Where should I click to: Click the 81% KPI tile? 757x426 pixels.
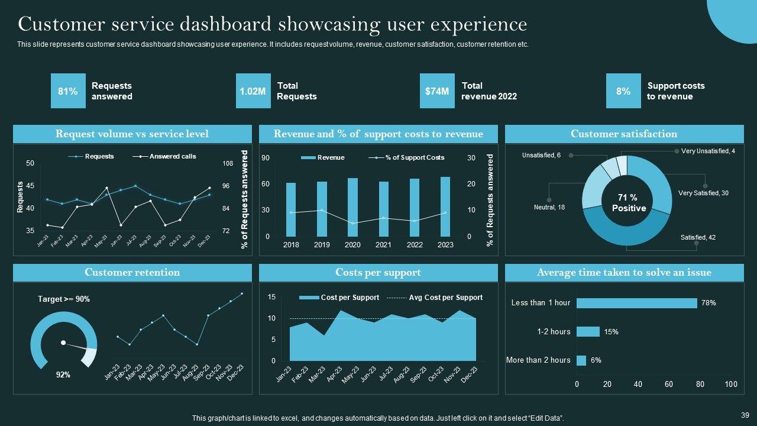point(68,91)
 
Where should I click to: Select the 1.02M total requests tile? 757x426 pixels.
point(253,91)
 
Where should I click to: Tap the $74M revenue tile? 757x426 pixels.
point(437,91)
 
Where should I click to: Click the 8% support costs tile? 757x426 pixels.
point(623,91)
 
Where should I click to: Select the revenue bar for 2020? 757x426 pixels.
point(352,207)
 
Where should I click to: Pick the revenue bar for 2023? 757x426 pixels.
point(445,206)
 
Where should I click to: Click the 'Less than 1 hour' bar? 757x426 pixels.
point(636,303)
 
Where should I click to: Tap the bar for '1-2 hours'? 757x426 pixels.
point(588,332)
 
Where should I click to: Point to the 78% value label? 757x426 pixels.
point(709,303)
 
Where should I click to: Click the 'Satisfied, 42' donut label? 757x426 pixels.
point(698,237)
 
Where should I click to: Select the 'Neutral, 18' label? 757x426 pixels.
point(549,207)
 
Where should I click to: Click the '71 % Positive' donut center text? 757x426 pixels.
point(629,203)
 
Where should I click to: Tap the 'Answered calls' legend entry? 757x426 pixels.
point(172,157)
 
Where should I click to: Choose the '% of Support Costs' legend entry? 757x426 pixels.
point(415,157)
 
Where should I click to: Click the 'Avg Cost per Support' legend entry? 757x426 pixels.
point(445,298)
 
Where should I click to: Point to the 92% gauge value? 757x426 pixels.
point(63,375)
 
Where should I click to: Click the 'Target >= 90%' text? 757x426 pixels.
point(64,299)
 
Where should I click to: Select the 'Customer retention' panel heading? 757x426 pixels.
point(132,273)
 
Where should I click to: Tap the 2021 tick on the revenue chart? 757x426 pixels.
point(383,244)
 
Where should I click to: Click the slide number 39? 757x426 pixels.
point(745,415)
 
